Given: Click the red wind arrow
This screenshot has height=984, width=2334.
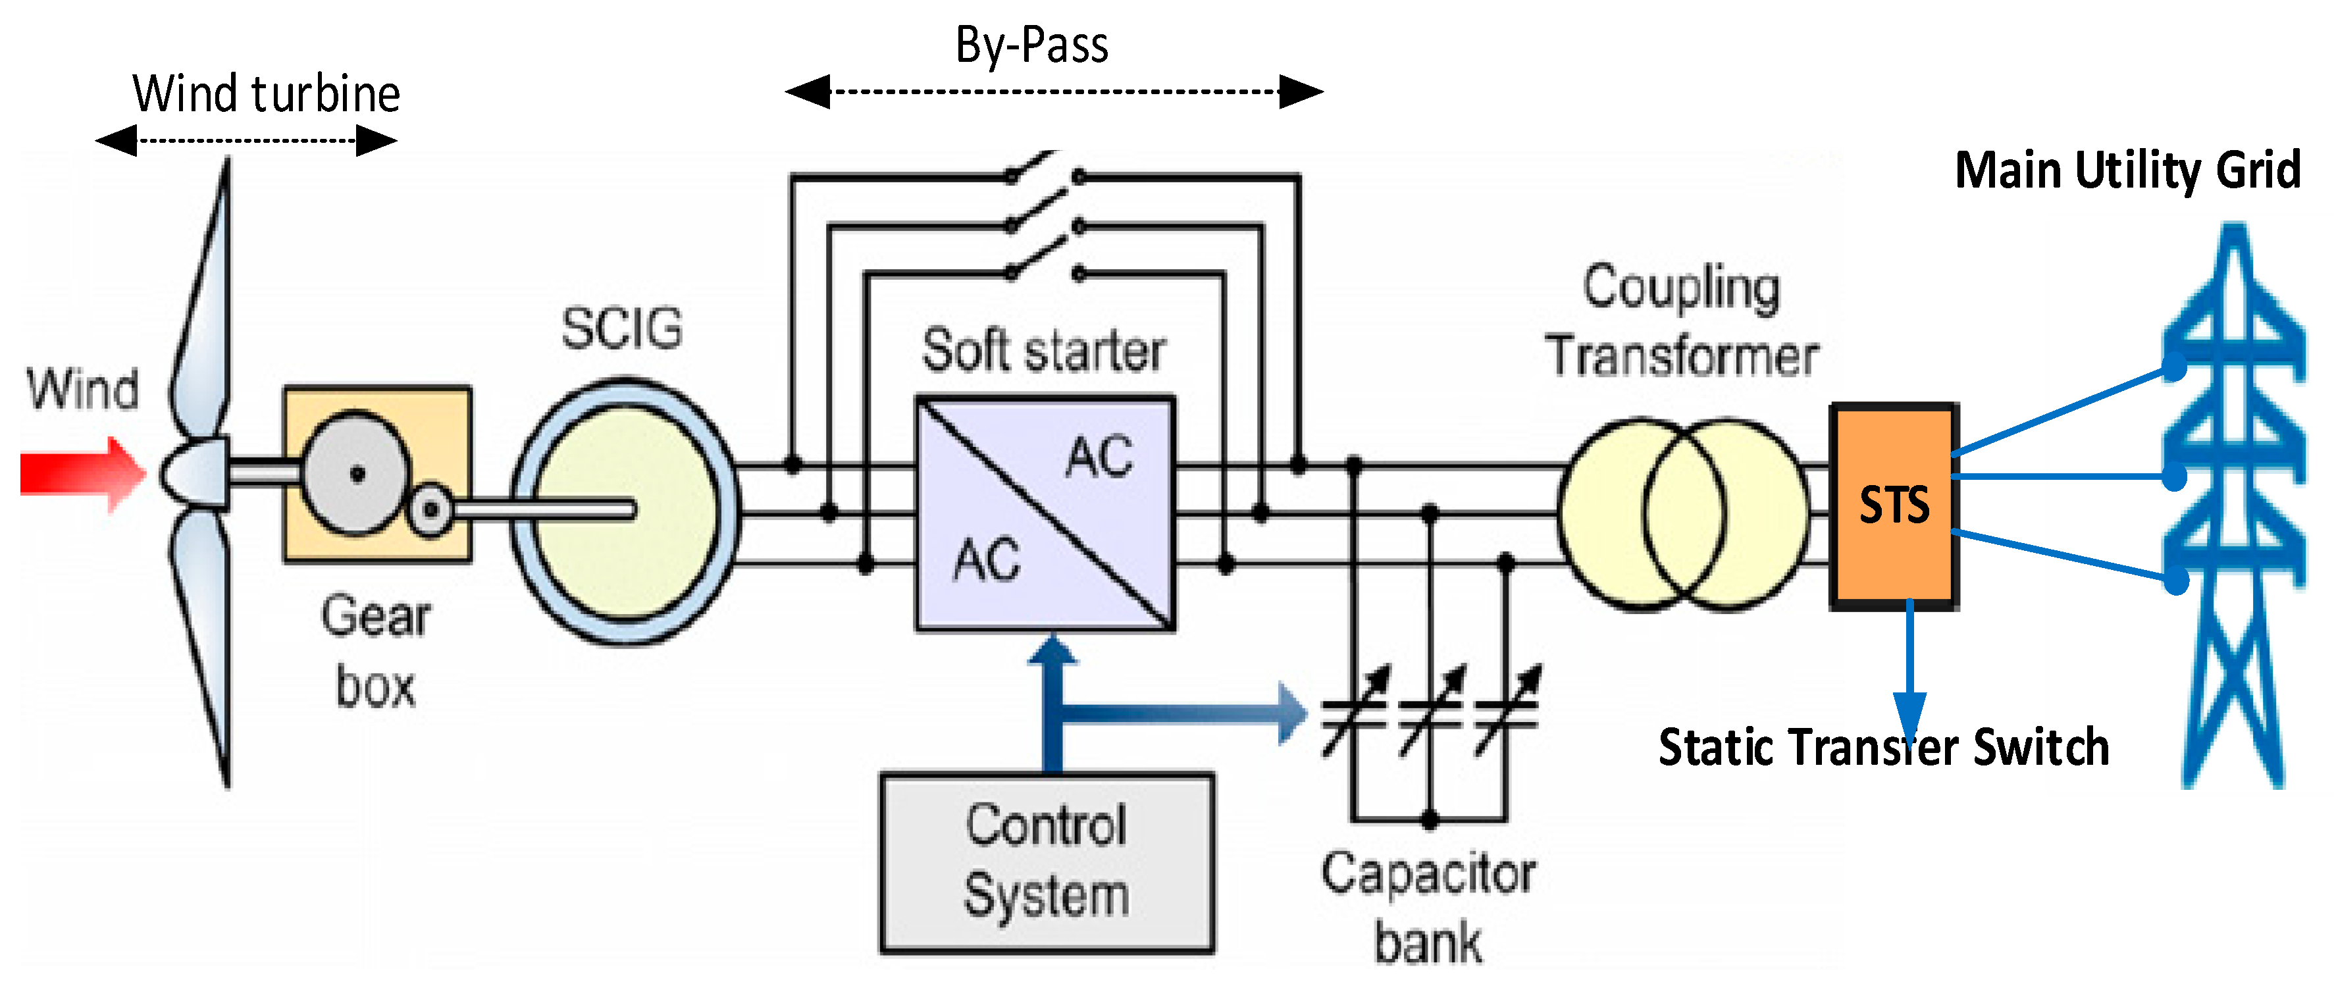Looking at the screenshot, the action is click(x=82, y=474).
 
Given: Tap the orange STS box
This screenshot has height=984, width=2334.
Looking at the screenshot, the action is click(x=1894, y=505).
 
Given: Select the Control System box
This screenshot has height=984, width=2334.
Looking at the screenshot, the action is click(x=1047, y=862).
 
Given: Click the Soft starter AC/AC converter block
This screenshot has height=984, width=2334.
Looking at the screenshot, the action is click(x=1046, y=513).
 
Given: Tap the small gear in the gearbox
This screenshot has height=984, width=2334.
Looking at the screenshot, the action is click(x=431, y=510).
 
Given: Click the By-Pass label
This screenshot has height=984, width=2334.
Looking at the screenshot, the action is click(x=1032, y=45).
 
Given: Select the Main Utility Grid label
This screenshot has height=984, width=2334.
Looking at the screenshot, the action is click(x=2127, y=170).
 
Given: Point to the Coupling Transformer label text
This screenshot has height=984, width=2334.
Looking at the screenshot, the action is click(x=1682, y=320).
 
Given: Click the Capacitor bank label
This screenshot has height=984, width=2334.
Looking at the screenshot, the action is click(x=1428, y=908).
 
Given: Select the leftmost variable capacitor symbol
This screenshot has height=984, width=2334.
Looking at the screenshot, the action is click(x=1355, y=712).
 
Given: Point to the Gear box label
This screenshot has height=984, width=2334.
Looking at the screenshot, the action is click(x=376, y=650).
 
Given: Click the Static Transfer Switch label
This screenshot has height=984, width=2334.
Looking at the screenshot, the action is click(x=1884, y=748).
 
